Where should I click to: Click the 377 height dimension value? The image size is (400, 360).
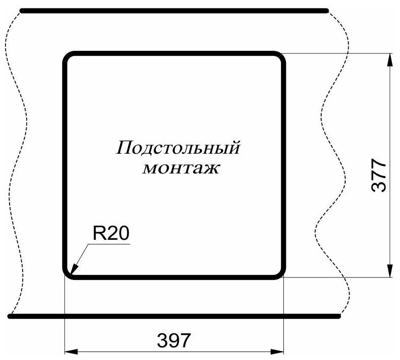tap(378, 175)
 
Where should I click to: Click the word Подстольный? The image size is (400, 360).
tap(177, 148)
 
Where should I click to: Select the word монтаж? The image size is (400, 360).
tap(181, 168)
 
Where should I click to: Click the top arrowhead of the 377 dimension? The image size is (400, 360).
tap(389, 58)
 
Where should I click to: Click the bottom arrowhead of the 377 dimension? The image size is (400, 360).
tap(389, 272)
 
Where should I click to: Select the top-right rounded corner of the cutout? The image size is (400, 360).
tap(280, 56)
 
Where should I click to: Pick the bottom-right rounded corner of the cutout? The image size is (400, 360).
tap(280, 273)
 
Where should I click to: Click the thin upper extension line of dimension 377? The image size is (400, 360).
tap(337, 53)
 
